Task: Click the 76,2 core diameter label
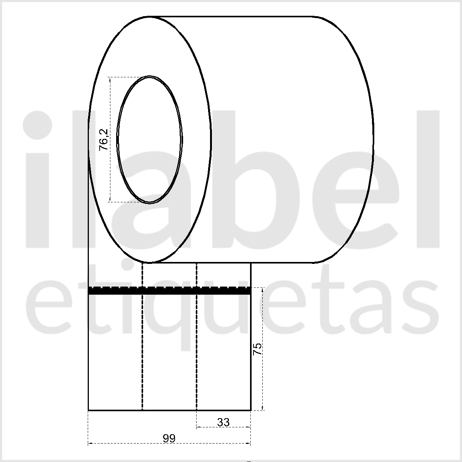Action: tap(103, 140)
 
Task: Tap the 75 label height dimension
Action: tap(257, 349)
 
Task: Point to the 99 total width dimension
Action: tap(169, 439)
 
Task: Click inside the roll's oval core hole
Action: tap(150, 140)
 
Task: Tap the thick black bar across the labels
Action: tap(170, 290)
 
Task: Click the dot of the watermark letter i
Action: tap(37, 125)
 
